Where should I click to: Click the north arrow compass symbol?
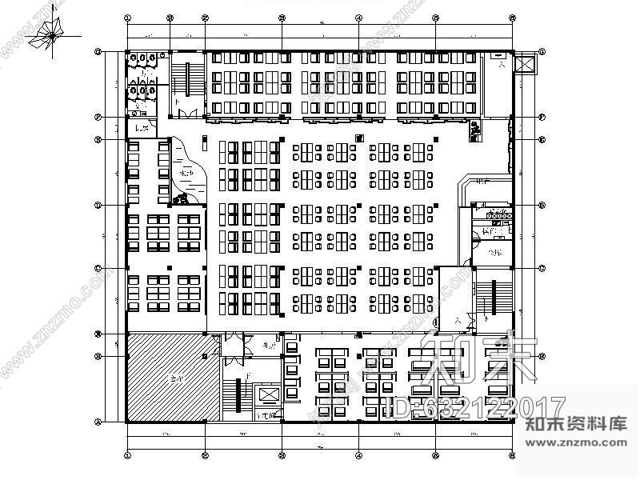50,34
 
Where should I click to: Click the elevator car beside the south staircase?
266,397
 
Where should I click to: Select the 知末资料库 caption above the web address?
576,424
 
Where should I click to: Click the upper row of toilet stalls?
147,59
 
